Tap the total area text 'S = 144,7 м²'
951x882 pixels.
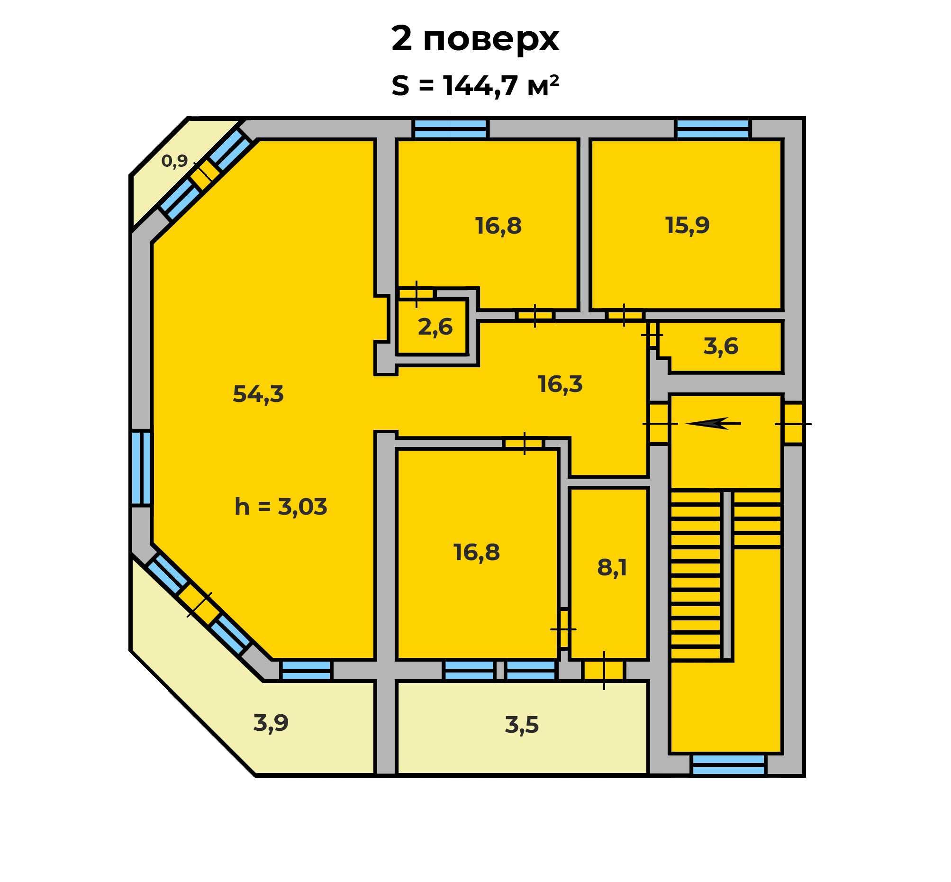[475, 86]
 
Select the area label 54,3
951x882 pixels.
[258, 394]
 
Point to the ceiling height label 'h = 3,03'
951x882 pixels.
[281, 506]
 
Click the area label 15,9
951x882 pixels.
[687, 225]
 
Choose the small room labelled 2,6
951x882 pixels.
[435, 327]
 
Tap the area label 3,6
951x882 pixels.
[721, 346]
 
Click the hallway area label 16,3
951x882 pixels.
[560, 384]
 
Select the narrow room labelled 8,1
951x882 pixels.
[612, 568]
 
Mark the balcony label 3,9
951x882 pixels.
[271, 723]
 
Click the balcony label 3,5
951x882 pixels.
[522, 725]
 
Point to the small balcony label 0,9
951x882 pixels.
[174, 161]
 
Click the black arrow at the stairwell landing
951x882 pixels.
[713, 423]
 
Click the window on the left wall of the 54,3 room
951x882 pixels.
[141, 468]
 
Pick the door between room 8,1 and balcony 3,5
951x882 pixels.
[604, 670]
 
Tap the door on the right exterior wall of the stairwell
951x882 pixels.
[793, 424]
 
